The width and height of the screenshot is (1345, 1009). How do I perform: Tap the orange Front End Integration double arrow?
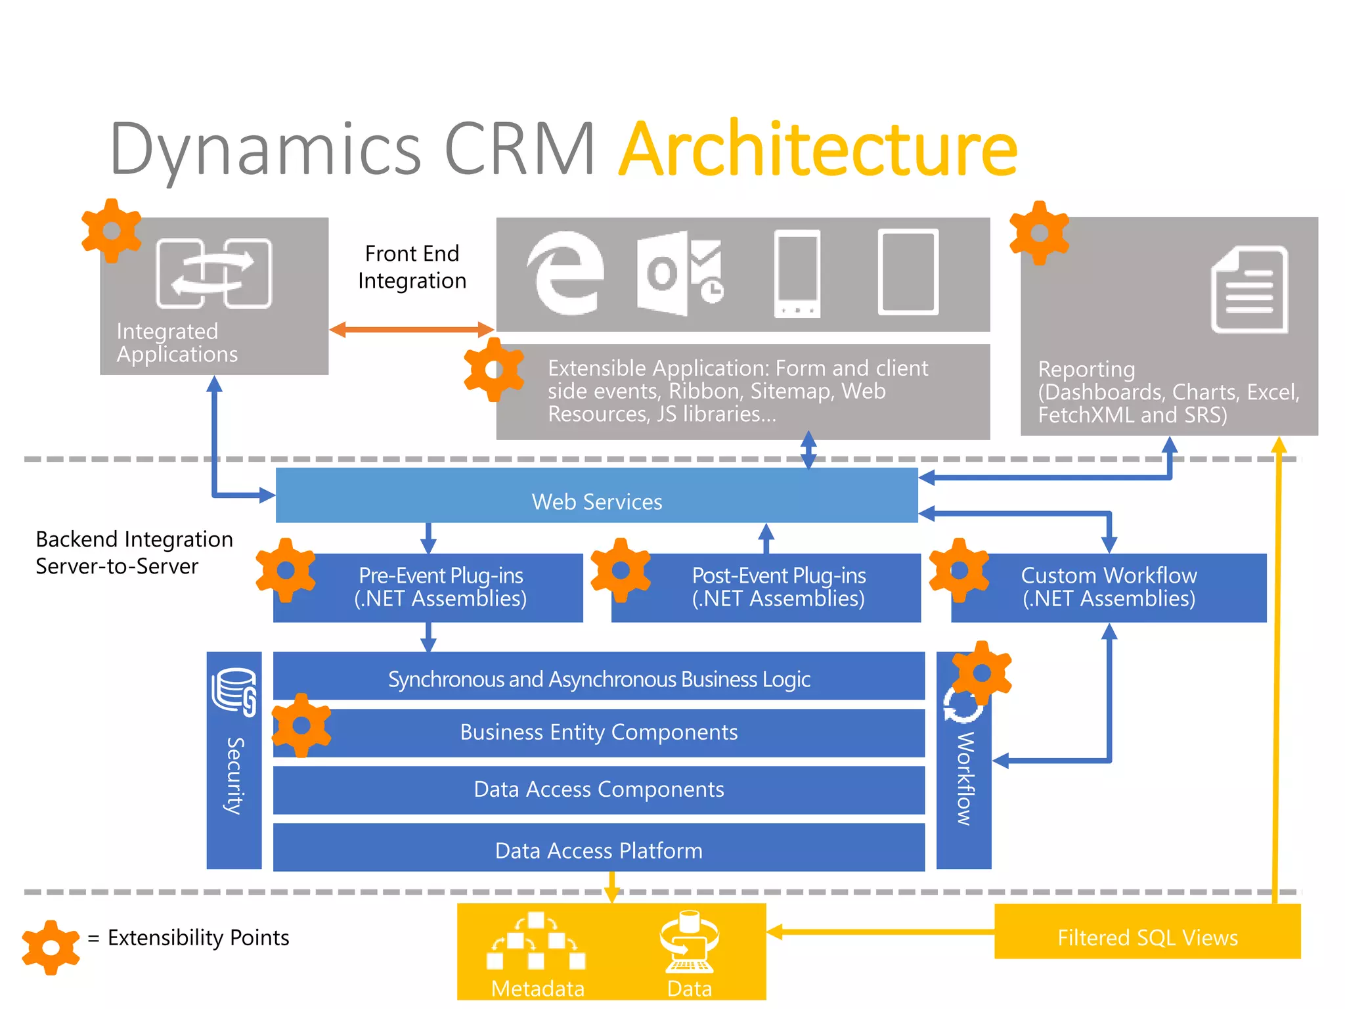point(411,329)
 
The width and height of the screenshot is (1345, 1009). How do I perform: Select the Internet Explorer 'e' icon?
point(565,273)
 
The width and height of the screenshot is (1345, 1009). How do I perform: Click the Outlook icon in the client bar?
point(679,273)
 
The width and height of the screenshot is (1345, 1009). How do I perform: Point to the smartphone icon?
point(797,274)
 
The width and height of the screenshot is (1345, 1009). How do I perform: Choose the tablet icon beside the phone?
point(908,272)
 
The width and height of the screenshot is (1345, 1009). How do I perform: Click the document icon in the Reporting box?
point(1249,290)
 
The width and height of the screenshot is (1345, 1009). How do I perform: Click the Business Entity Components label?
point(598,732)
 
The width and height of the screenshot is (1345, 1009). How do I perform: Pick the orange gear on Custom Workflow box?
point(959,570)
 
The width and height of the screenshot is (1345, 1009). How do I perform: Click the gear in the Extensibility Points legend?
point(51,947)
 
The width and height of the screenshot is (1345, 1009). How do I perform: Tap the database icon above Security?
point(234,691)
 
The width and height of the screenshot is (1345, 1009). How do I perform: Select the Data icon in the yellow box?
point(689,942)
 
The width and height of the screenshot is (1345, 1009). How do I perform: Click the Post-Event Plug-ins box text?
point(778,587)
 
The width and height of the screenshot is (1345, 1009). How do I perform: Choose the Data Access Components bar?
point(598,789)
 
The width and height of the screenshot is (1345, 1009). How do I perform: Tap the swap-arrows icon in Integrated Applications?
point(213,273)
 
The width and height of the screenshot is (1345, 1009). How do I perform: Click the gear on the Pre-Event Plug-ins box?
point(286,570)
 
